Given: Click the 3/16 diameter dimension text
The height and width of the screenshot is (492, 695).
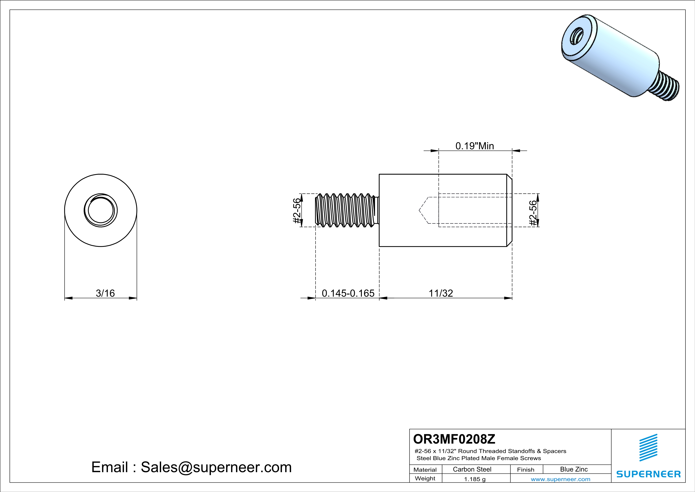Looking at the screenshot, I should (x=105, y=293).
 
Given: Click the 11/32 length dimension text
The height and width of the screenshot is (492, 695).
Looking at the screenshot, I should (x=441, y=293).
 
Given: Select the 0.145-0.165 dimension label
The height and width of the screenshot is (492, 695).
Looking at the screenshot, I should (x=348, y=293).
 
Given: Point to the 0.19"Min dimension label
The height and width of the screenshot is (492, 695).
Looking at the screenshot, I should (x=475, y=146).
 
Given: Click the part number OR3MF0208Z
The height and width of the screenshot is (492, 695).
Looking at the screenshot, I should (x=454, y=439).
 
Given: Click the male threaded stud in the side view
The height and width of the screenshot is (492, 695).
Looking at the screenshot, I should (x=345, y=210).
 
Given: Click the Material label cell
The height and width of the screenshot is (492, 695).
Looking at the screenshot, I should (x=425, y=470).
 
